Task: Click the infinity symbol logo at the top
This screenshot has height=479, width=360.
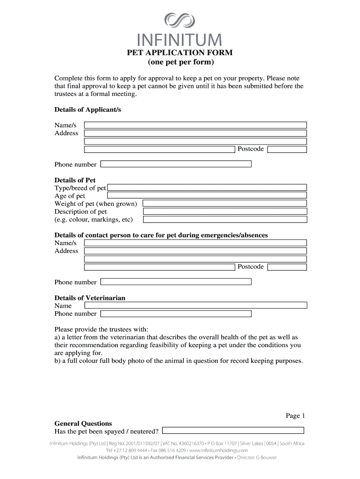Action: (180, 21)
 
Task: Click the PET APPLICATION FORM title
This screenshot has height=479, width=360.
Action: (180, 53)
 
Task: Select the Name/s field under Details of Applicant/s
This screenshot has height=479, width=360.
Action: (195, 125)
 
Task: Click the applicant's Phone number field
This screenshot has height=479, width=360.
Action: (176, 164)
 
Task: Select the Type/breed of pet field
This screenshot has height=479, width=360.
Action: (207, 188)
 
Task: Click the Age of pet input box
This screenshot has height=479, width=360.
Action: (207, 196)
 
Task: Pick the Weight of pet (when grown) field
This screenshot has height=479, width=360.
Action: (224, 203)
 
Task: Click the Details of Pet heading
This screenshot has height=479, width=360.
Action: (75, 180)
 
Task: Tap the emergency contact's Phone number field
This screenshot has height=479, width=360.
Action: (176, 282)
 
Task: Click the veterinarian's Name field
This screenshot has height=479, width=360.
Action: (195, 305)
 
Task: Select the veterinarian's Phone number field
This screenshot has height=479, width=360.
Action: (176, 313)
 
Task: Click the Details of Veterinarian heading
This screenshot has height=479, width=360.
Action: (90, 298)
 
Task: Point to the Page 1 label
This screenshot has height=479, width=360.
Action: (295, 415)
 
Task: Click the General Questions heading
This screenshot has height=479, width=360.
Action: (83, 423)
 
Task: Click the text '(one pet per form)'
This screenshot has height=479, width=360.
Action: (180, 62)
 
